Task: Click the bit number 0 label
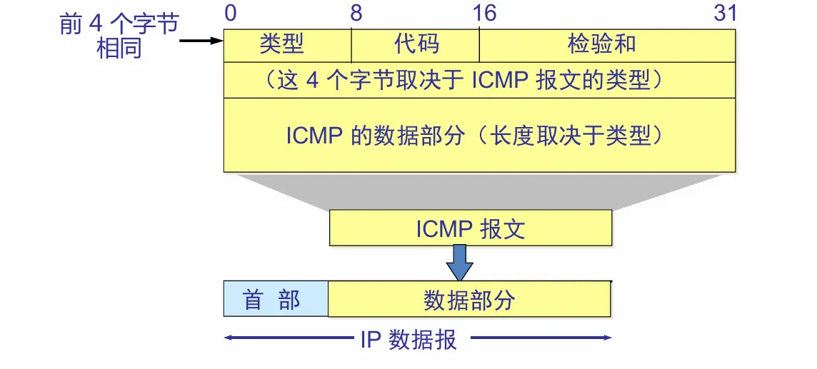point(230,13)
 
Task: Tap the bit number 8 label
point(356,13)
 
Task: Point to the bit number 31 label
point(725,13)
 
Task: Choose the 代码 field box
point(416,46)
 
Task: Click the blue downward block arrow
point(459,263)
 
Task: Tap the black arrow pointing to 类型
point(201,41)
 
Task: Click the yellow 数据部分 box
point(469,299)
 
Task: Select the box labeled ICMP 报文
point(470,228)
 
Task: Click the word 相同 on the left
point(119,49)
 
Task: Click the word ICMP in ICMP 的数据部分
point(315,136)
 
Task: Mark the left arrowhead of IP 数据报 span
point(228,338)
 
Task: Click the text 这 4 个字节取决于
point(372,81)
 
